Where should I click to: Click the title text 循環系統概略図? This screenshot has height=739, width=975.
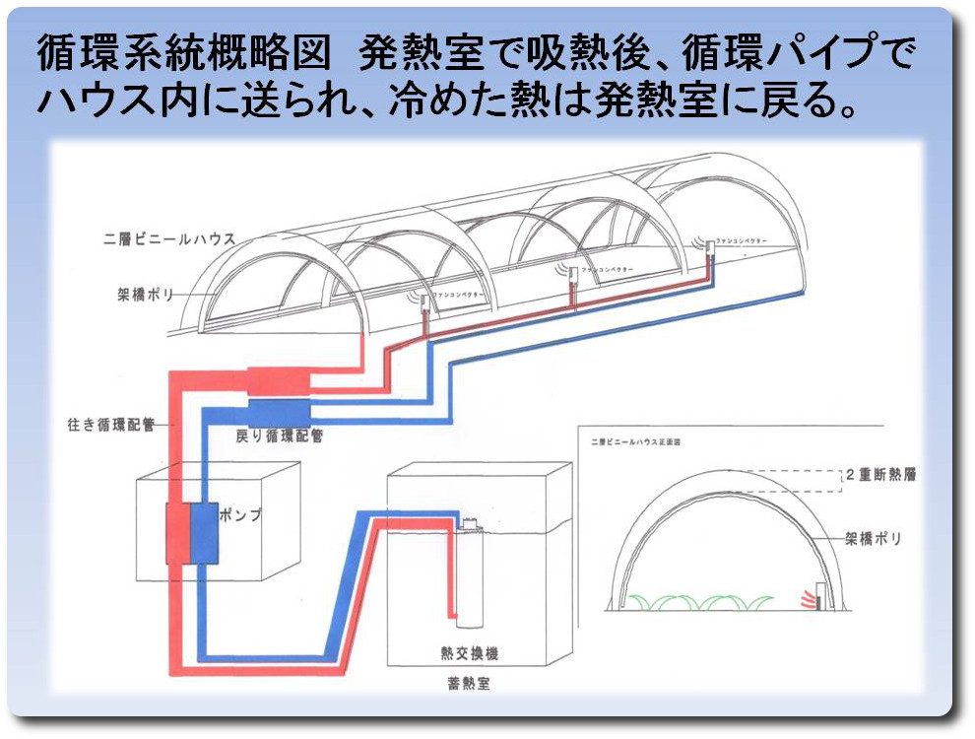point(182,53)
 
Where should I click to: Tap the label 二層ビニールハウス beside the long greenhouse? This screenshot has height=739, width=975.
point(167,238)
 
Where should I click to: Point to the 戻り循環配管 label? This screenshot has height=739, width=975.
point(281,435)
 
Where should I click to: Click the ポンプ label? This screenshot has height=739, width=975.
point(240,514)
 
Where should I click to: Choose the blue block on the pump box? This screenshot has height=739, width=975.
point(203,533)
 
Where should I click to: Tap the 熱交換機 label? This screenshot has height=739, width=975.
point(469,651)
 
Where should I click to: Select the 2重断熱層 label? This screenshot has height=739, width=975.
point(881,474)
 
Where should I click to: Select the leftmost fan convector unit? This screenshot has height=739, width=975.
point(422,301)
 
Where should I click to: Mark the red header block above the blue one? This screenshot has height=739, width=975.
point(279,381)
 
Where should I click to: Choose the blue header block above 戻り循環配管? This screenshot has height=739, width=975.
point(279,412)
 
